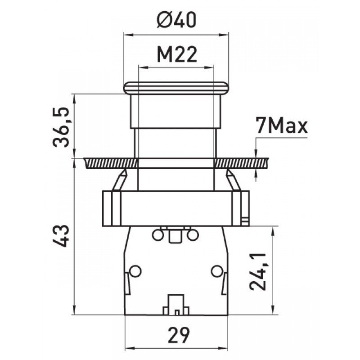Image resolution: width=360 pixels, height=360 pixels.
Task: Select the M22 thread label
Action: click(177, 54)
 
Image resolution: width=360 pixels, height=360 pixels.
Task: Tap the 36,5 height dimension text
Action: click(61, 127)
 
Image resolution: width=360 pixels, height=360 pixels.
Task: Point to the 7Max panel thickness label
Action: click(282, 126)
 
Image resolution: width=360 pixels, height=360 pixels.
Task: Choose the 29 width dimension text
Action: click(179, 335)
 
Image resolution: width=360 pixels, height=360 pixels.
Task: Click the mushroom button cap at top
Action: click(176, 88)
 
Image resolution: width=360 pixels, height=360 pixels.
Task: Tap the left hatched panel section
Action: click(111, 163)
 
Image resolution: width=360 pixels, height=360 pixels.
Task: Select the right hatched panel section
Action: click(241, 163)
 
